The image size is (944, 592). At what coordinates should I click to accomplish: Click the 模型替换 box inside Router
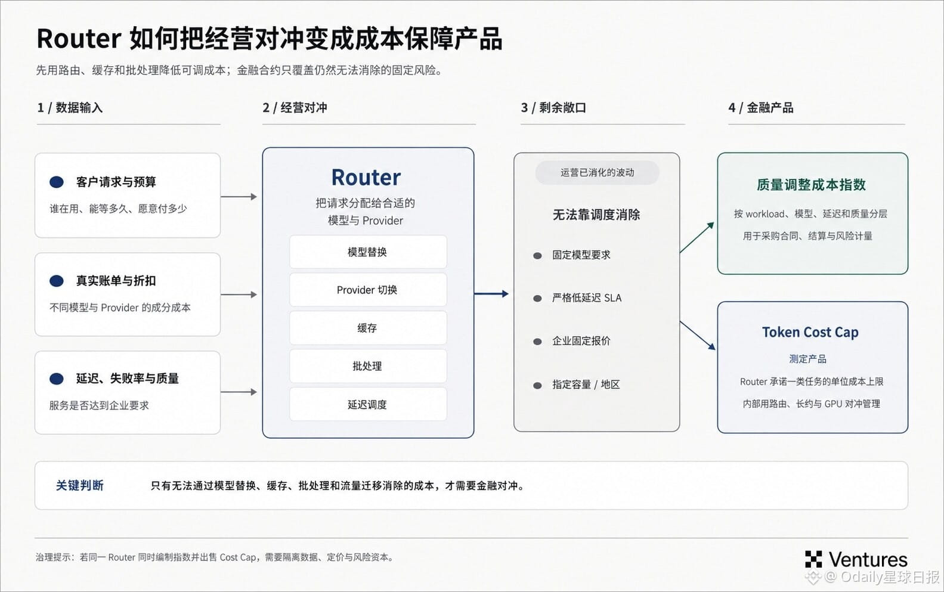(368, 252)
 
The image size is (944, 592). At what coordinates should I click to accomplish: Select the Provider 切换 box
(368, 290)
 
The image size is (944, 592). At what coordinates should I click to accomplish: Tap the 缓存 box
(368, 328)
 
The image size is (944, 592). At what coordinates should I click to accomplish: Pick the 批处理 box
(368, 365)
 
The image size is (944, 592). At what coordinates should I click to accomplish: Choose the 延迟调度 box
(368, 404)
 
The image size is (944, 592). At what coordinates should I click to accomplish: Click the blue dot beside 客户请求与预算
(57, 182)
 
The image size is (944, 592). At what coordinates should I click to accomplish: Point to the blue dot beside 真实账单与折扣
(57, 281)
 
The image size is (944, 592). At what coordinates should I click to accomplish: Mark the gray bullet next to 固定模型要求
(537, 255)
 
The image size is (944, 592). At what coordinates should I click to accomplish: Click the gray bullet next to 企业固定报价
(537, 341)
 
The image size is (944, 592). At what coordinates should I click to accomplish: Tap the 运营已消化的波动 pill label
(597, 172)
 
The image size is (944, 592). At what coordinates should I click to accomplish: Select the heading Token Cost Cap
(810, 332)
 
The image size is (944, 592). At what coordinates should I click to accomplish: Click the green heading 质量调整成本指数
(811, 185)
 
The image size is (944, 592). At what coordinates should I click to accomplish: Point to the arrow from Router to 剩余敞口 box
(491, 294)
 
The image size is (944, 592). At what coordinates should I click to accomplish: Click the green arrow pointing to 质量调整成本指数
(697, 237)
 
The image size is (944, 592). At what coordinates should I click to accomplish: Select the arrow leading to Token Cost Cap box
(698, 336)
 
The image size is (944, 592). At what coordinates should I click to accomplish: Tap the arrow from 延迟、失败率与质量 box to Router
(239, 392)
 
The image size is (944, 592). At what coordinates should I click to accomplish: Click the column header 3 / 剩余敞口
(553, 107)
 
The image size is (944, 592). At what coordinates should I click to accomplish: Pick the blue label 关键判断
(80, 485)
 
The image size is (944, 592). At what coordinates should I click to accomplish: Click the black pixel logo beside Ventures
(813, 559)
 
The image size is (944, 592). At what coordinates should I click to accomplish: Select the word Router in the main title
(79, 39)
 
